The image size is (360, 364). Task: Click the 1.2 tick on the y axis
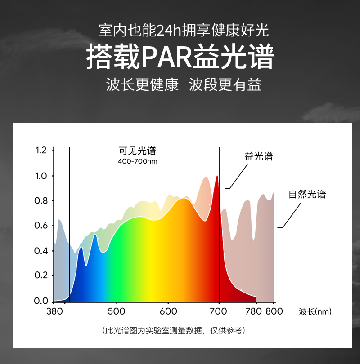41,151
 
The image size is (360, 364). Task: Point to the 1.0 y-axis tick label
41,176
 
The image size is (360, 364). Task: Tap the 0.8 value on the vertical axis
41,201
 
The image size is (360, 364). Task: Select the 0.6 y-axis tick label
41,226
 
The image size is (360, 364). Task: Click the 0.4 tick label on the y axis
41,251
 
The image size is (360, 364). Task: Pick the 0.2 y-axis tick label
41,275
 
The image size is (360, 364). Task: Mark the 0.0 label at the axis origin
41,301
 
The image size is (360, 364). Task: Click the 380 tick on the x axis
54,311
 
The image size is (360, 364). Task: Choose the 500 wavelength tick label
117,311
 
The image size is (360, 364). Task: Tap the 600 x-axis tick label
168,311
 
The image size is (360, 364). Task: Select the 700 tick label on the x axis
218,311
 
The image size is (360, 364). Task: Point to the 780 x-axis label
253,311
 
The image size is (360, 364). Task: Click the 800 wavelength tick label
274,311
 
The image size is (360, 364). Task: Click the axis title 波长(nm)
315,311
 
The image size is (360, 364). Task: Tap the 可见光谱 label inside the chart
137,151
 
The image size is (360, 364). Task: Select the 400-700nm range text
138,161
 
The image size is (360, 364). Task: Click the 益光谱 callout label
259,156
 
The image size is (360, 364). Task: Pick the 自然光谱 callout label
307,194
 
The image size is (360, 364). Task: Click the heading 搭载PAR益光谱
180,57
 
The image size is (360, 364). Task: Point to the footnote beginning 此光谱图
174,331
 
